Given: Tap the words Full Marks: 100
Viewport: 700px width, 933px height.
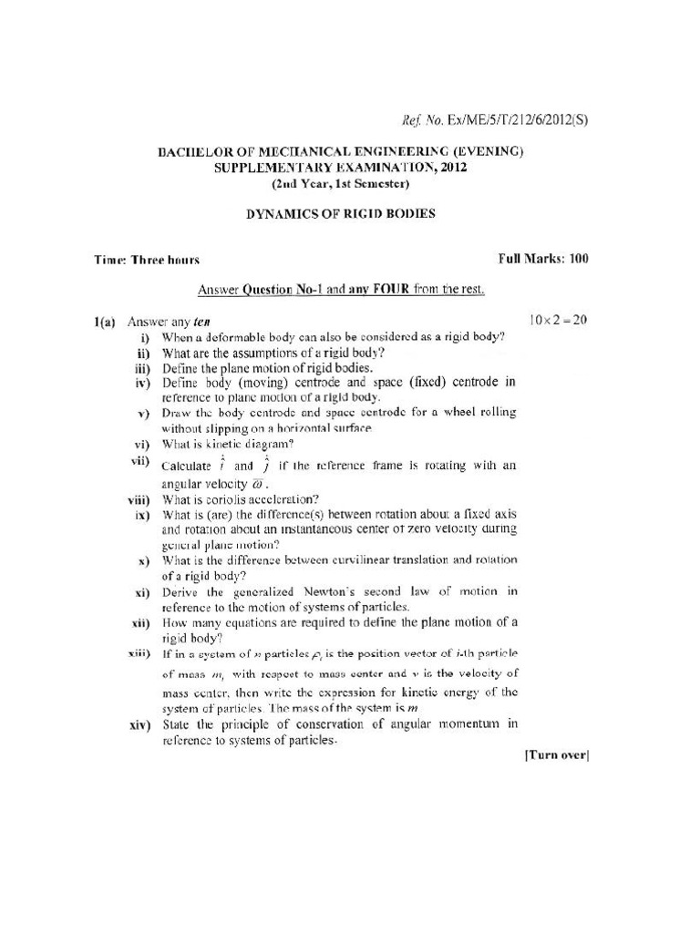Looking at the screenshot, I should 543,259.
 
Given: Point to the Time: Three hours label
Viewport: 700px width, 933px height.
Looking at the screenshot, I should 147,260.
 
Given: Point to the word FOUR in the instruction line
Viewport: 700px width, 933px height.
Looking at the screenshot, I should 389,290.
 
